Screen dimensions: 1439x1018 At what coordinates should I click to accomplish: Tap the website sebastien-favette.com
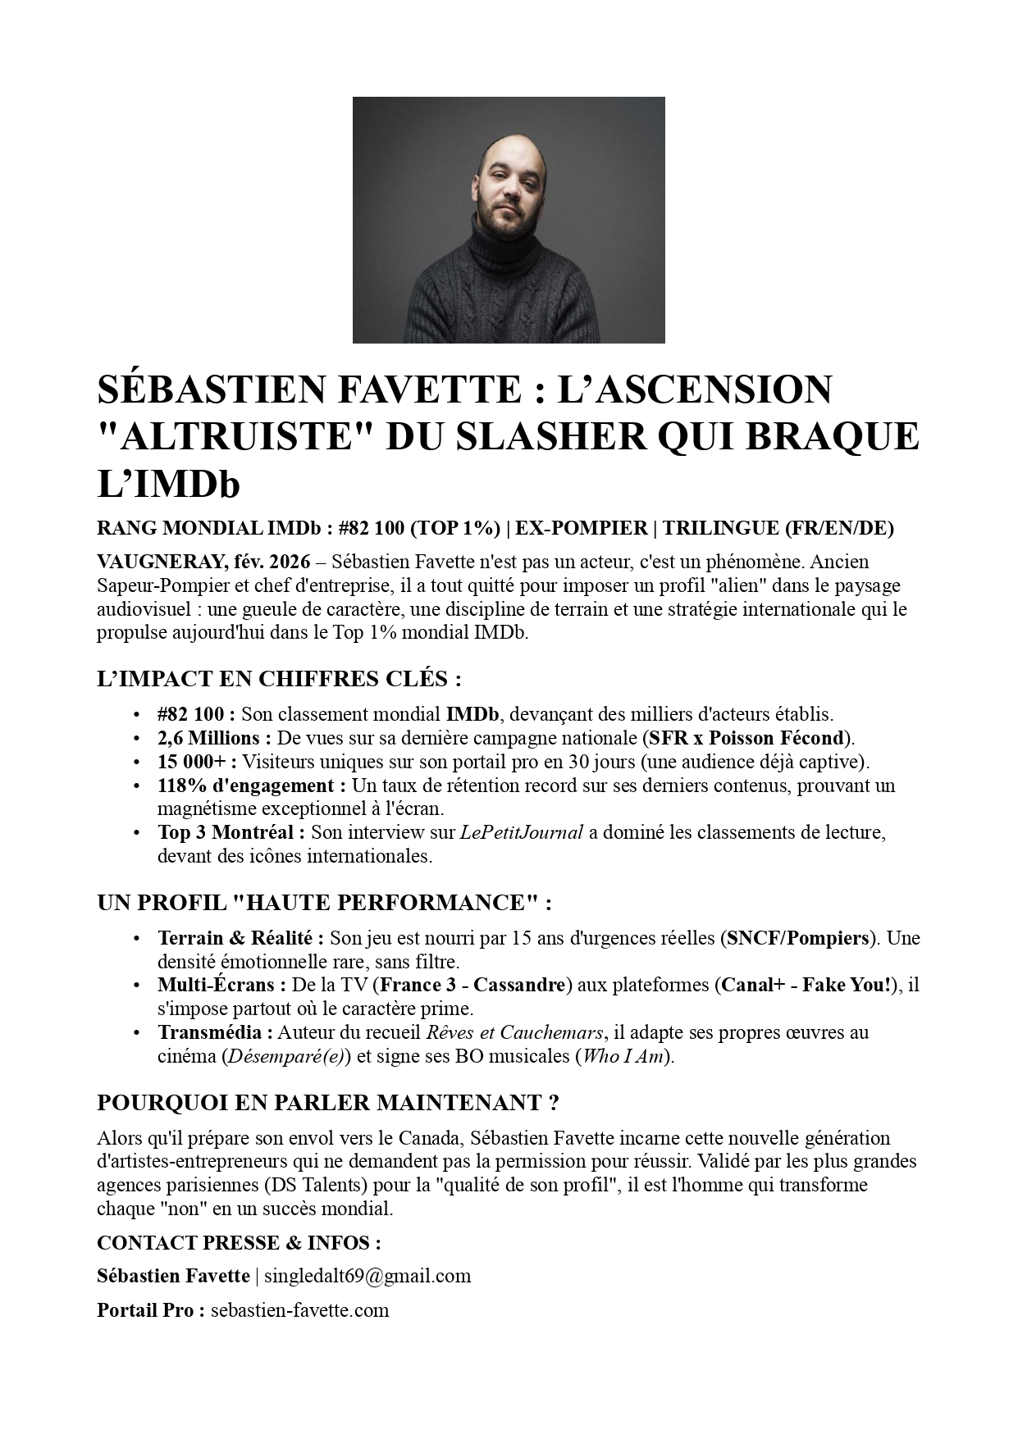tap(299, 1309)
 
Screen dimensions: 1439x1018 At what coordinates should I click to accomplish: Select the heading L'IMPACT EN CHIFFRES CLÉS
tap(279, 679)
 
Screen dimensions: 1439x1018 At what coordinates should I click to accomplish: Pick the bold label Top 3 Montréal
tap(231, 833)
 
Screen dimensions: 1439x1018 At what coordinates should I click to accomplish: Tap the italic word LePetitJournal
tap(521, 833)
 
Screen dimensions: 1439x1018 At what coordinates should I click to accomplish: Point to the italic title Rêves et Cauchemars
tap(514, 1033)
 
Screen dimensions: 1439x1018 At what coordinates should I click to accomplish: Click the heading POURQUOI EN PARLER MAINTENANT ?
tap(328, 1103)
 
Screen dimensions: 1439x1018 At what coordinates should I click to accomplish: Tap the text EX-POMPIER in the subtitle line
tap(581, 528)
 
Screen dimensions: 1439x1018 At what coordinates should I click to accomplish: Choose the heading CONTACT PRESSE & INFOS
tap(239, 1243)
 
